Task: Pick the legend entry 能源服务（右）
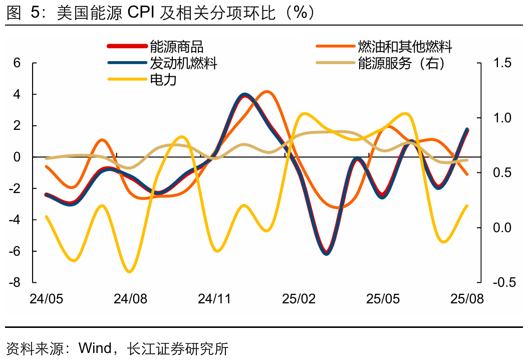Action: click(401, 63)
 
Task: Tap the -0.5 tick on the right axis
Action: click(504, 283)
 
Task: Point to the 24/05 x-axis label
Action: click(47, 299)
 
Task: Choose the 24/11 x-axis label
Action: click(214, 299)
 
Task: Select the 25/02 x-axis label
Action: click(299, 299)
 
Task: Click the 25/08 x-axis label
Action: click(467, 299)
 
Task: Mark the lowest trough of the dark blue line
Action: click(327, 253)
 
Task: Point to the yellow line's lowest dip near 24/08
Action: click(130, 272)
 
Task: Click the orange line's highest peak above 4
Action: click(268, 92)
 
